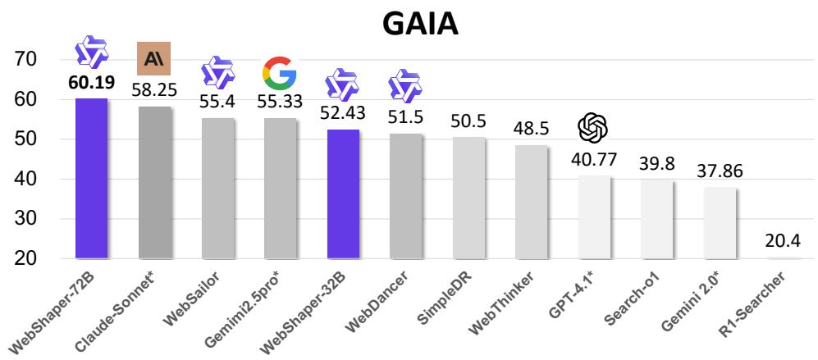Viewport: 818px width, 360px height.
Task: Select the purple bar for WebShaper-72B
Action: (x=91, y=178)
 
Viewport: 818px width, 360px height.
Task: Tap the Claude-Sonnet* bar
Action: (x=154, y=182)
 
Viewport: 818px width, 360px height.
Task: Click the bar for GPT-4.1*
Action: (x=594, y=216)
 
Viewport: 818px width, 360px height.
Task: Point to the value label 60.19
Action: (x=91, y=83)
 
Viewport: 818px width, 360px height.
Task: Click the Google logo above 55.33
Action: (x=280, y=74)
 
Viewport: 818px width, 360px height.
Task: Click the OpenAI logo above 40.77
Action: (x=593, y=127)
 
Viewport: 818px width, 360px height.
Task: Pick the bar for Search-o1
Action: (x=657, y=219)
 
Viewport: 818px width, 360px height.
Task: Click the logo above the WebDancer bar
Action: (x=404, y=85)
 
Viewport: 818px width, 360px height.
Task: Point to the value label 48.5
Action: (x=532, y=130)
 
